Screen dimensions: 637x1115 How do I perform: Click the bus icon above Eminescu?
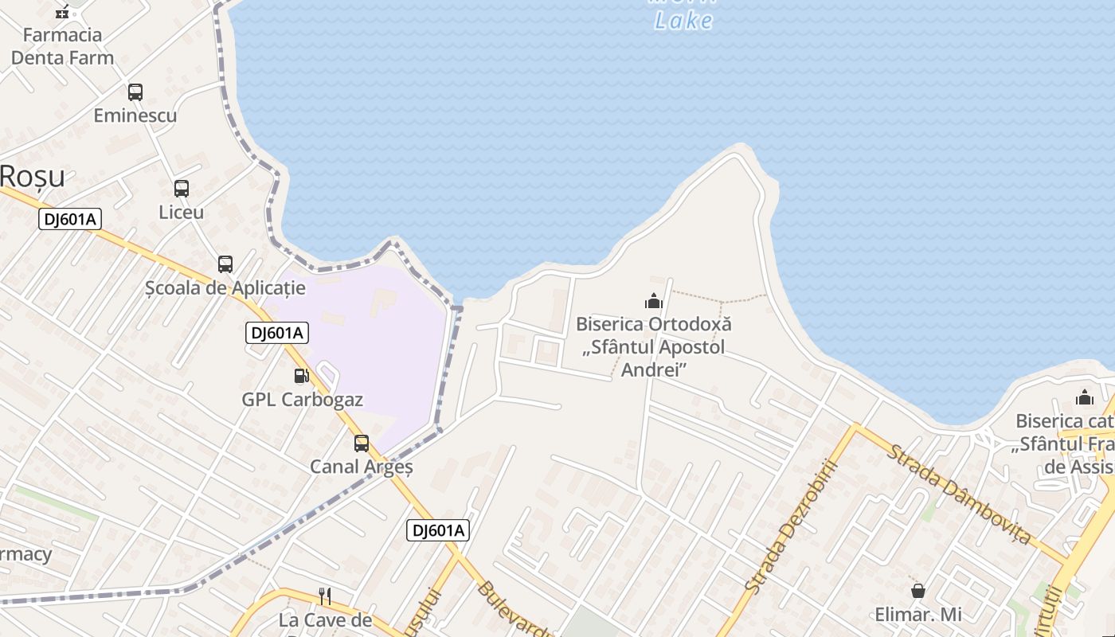pyautogui.click(x=135, y=92)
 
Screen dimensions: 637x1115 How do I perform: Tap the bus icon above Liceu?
pyautogui.click(x=182, y=189)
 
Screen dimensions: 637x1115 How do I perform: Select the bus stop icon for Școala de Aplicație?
pyautogui.click(x=225, y=264)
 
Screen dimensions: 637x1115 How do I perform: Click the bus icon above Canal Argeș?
pyautogui.click(x=362, y=444)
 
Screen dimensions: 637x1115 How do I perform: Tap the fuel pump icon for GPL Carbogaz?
pyautogui.click(x=301, y=376)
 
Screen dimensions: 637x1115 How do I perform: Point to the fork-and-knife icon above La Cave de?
pyautogui.click(x=325, y=596)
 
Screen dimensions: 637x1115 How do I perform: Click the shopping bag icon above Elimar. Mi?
pyautogui.click(x=918, y=591)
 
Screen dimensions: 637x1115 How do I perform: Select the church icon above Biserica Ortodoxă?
pyautogui.click(x=654, y=301)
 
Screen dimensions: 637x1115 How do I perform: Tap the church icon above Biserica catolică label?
pyautogui.click(x=1085, y=397)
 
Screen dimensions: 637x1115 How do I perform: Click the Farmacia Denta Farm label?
pyautogui.click(x=62, y=46)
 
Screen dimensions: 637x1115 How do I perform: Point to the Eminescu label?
pyautogui.click(x=135, y=115)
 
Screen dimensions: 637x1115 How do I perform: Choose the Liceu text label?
pyautogui.click(x=182, y=213)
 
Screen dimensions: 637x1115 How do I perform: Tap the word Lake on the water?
pyautogui.click(x=683, y=21)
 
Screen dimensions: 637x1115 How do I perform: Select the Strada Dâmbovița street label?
pyautogui.click(x=959, y=494)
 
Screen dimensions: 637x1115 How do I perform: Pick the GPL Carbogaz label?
pyautogui.click(x=303, y=400)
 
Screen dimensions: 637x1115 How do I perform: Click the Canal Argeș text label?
pyautogui.click(x=362, y=467)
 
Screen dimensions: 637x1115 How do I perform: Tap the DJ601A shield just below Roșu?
pyautogui.click(x=71, y=219)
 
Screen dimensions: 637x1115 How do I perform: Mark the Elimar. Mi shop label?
pyautogui.click(x=918, y=615)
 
